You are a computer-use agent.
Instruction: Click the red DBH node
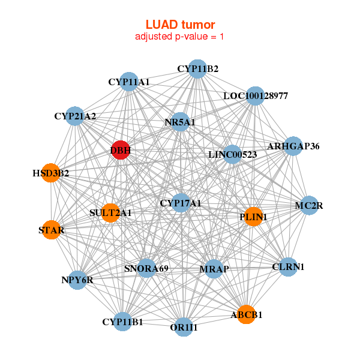(121, 151)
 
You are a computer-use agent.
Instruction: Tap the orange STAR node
(52, 229)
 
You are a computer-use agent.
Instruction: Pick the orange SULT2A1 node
(110, 212)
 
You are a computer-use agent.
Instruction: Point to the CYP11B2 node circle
(197, 69)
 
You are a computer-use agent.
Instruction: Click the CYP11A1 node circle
(129, 81)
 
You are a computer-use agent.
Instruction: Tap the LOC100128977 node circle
(256, 96)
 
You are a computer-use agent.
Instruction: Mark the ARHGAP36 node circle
(293, 146)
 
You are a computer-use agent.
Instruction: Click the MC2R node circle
(309, 206)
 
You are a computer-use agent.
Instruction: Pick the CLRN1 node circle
(289, 266)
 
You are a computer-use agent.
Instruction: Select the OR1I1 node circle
(184, 327)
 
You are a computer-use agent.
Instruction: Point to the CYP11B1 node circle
(122, 322)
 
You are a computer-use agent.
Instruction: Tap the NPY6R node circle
(77, 279)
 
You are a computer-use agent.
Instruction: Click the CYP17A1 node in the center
(181, 203)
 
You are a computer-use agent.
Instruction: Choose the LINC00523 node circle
(232, 154)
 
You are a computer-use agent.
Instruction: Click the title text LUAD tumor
(180, 25)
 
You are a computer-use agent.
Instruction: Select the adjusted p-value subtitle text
(180, 37)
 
